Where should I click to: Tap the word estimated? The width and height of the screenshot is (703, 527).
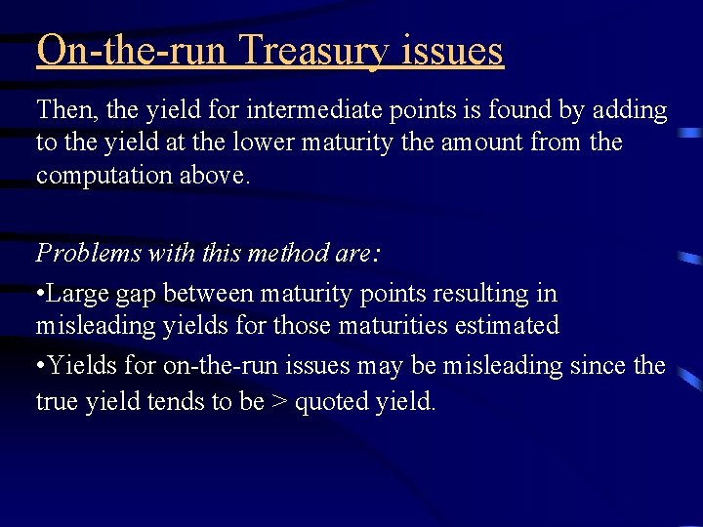507,325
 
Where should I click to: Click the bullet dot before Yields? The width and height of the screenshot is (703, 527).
40,366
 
